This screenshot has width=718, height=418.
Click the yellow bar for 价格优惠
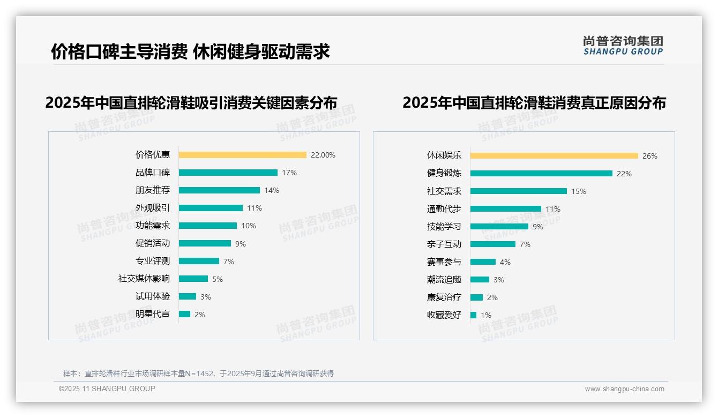click(242, 155)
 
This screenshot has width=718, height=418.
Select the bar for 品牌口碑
click(228, 173)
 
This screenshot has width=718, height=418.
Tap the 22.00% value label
click(323, 155)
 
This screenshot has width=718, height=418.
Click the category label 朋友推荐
click(153, 190)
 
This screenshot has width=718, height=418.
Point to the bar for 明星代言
click(184, 314)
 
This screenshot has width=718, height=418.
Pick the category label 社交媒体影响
click(144, 279)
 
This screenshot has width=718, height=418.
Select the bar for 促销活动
click(205, 243)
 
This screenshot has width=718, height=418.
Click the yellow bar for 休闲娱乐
click(554, 156)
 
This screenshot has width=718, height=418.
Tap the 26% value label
click(649, 156)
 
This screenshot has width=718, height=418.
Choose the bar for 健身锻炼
click(541, 174)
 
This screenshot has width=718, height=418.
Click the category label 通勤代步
click(444, 209)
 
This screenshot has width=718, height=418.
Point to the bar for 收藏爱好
click(473, 315)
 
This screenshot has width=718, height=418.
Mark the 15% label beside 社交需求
click(579, 191)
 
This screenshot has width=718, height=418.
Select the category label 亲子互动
click(444, 244)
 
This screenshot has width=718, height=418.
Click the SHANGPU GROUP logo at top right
click(623, 46)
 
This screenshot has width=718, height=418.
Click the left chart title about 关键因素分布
click(191, 102)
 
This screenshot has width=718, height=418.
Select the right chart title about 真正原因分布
click(534, 102)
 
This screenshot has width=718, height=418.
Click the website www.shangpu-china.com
click(624, 389)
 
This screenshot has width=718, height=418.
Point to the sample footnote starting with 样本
click(198, 374)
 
